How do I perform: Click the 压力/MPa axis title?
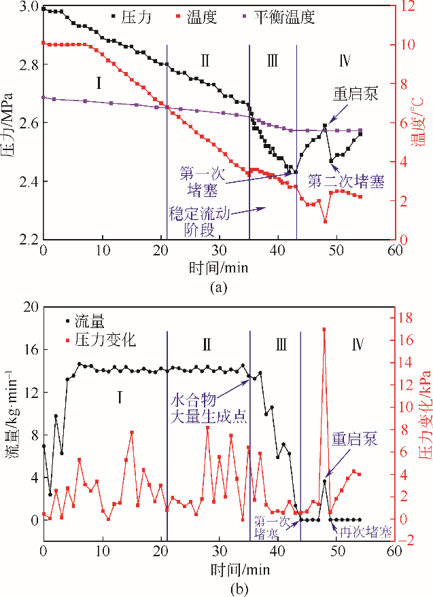coord(10,122)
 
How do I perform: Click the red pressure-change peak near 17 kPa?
coord(324,329)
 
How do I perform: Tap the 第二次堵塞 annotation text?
coord(345,182)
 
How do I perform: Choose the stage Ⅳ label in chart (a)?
coord(344,62)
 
